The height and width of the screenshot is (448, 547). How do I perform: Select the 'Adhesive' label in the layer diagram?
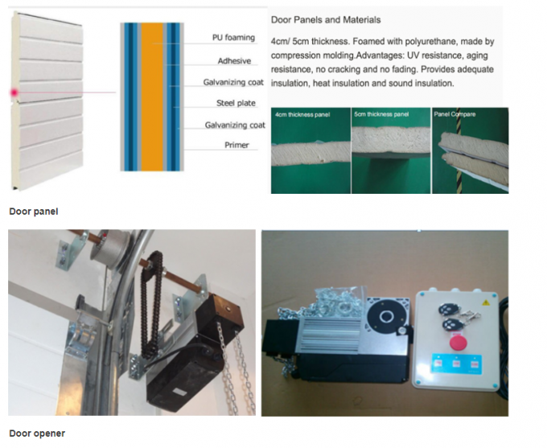click(x=234, y=61)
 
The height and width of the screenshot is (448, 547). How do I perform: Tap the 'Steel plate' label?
click(x=236, y=103)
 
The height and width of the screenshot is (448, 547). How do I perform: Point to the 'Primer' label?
click(x=236, y=146)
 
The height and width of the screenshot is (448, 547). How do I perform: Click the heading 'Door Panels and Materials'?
click(x=325, y=19)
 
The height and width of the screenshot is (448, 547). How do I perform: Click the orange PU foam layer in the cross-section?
click(x=152, y=96)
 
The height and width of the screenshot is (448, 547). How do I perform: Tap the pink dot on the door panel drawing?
click(x=14, y=93)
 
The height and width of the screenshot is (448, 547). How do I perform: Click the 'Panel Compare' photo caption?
click(x=455, y=114)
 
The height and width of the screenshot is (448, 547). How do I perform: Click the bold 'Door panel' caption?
click(x=33, y=212)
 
